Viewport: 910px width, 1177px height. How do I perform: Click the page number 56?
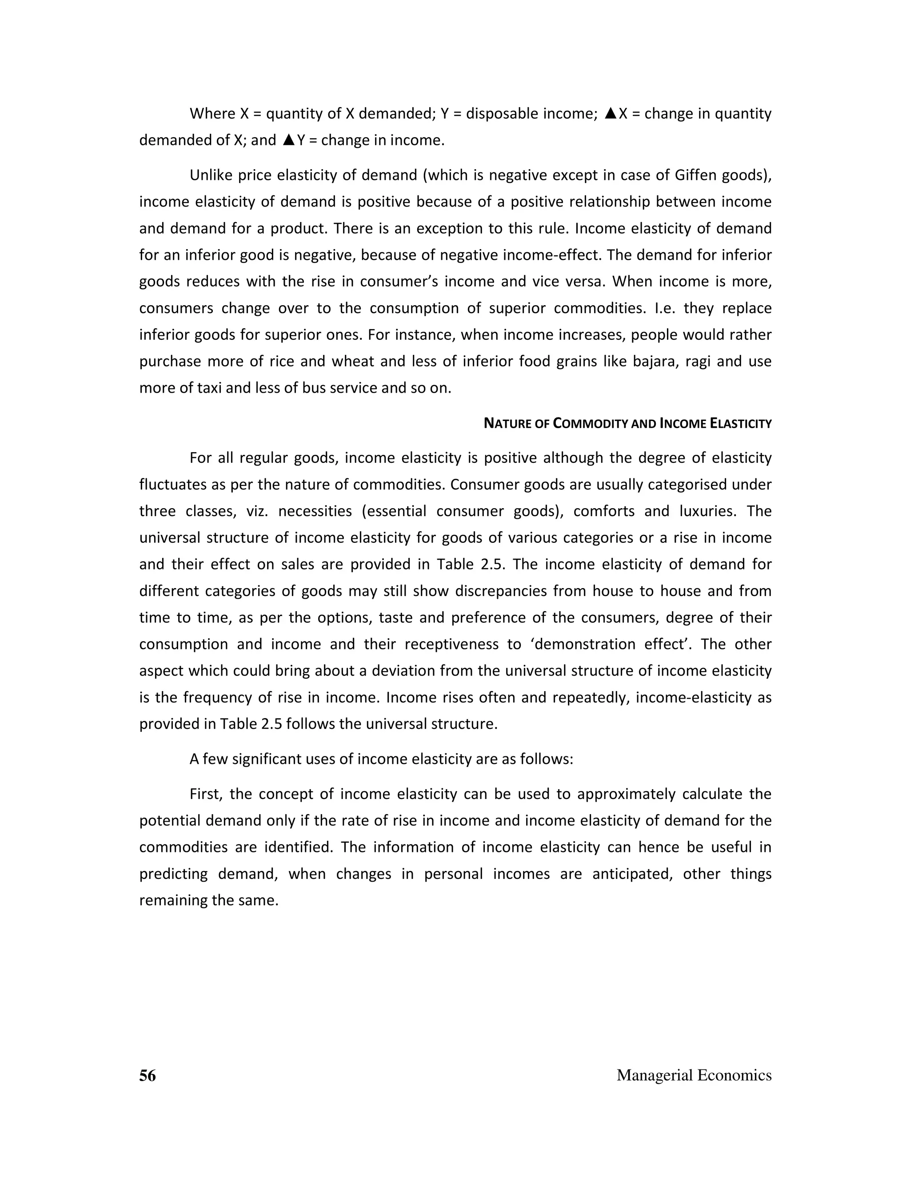[x=147, y=1075]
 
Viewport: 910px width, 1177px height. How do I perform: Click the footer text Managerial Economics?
[x=694, y=1075]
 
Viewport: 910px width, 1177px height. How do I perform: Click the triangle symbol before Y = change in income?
[x=289, y=140]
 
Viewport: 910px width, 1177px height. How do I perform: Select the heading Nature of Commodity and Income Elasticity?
[x=627, y=424]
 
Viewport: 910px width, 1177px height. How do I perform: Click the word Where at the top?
[x=212, y=114]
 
